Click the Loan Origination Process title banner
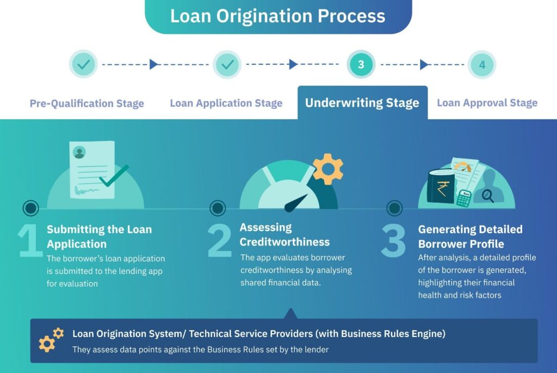(x=278, y=16)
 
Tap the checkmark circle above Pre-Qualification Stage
(x=83, y=64)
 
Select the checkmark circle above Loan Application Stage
(x=227, y=64)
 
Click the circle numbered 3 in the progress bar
(x=361, y=65)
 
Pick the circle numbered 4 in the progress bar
(x=482, y=65)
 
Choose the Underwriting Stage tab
(x=362, y=103)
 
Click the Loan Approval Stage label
(x=487, y=103)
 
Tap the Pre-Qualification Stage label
(x=87, y=103)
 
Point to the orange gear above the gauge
(x=328, y=169)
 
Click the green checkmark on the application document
(x=114, y=175)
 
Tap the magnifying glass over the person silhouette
(x=487, y=194)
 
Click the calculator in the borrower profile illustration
(x=464, y=198)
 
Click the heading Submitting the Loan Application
(x=99, y=236)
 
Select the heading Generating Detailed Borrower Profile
(x=470, y=236)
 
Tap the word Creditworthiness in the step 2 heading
(x=284, y=241)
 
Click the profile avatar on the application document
(x=79, y=152)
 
